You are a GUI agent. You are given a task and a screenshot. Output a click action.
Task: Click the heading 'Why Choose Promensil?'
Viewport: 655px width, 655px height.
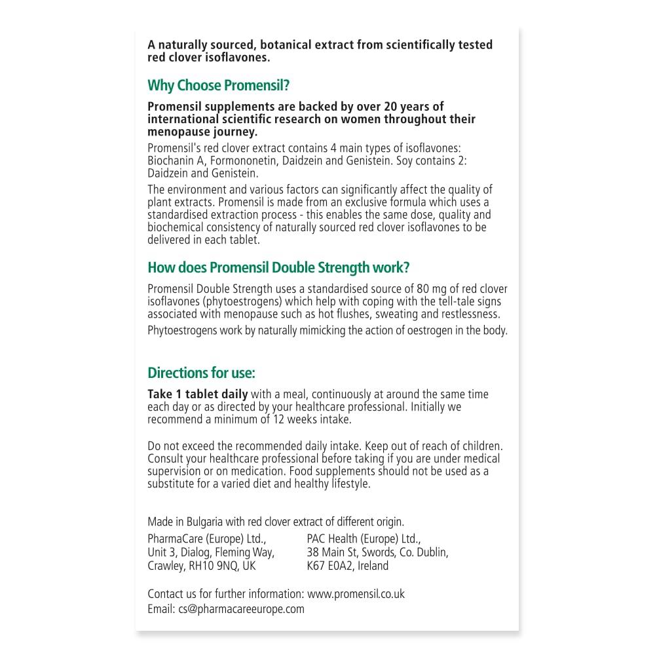pyautogui.click(x=219, y=86)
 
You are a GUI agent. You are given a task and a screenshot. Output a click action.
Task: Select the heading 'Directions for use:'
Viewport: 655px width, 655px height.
pyautogui.click(x=201, y=373)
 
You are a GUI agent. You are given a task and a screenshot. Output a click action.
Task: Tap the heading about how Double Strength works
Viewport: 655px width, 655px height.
pyautogui.click(x=278, y=267)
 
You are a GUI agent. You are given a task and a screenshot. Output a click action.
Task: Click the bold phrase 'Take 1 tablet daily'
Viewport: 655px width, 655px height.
pyautogui.click(x=198, y=394)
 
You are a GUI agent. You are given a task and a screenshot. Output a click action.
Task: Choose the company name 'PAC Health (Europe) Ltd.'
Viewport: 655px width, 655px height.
pyautogui.click(x=364, y=539)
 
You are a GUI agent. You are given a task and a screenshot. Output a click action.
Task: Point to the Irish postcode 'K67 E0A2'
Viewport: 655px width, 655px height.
pyautogui.click(x=331, y=565)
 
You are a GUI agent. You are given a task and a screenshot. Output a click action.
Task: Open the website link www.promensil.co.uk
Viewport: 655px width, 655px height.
pyautogui.click(x=356, y=594)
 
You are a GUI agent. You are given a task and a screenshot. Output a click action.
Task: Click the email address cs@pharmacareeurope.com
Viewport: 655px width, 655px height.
pyautogui.click(x=241, y=608)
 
